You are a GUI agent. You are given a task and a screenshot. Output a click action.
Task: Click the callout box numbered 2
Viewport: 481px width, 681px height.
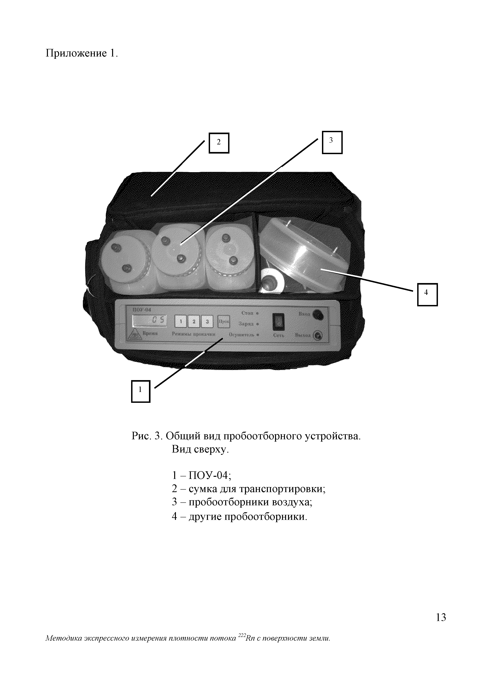219,143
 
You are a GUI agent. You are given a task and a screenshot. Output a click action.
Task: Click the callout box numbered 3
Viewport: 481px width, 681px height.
332,142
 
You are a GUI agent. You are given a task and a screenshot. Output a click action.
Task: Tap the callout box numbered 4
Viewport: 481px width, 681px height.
427,294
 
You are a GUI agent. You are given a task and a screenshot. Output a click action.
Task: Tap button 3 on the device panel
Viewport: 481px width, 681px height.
207,321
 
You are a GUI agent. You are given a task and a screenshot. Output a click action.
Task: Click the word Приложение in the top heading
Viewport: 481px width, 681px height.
76,53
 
